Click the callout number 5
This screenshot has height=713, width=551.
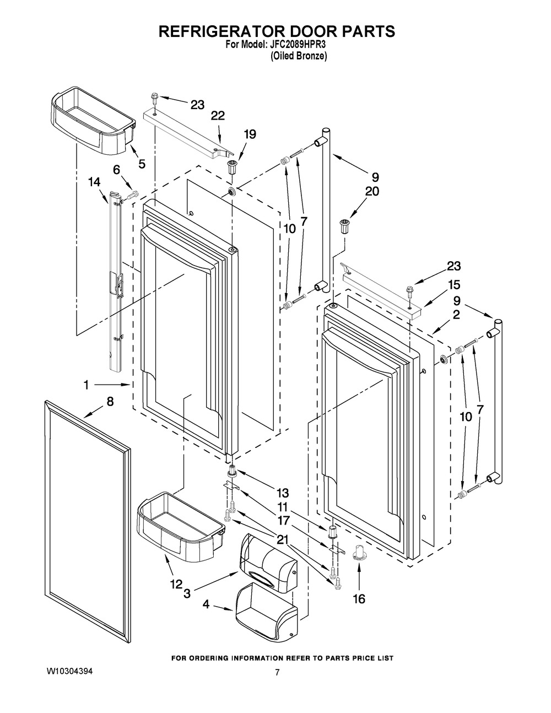[x=142, y=164]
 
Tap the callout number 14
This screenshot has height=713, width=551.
[x=94, y=182]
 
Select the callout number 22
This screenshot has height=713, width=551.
[x=218, y=116]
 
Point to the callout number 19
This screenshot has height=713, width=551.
[x=250, y=134]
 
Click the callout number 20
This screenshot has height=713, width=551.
[x=372, y=191]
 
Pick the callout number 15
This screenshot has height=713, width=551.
[x=454, y=285]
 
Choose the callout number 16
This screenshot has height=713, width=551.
[x=359, y=599]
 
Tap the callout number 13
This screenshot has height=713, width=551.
[x=282, y=493]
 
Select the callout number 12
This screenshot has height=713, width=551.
[x=176, y=584]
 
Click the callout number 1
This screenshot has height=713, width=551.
[x=87, y=385]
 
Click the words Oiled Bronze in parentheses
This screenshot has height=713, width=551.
[x=299, y=56]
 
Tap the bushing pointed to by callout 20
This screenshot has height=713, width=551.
[x=343, y=226]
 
